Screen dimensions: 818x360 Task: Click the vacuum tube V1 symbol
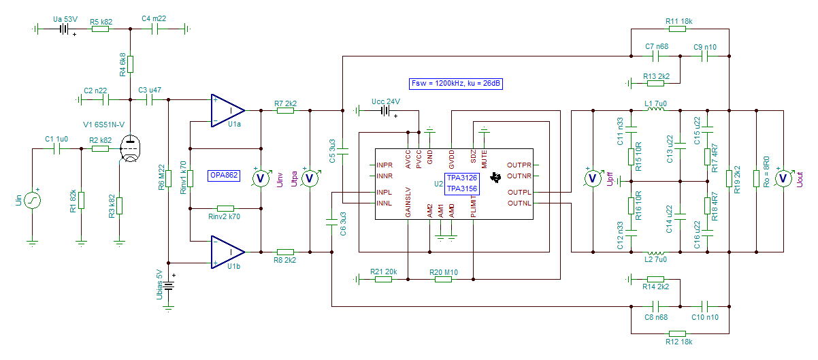point(131,148)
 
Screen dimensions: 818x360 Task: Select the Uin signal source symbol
point(32,201)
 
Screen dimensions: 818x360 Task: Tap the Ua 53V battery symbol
point(65,29)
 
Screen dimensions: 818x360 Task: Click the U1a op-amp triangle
point(227,110)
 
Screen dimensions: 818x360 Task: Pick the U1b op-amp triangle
point(227,252)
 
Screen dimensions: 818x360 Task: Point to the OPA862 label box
point(224,176)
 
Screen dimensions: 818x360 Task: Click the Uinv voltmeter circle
point(261,178)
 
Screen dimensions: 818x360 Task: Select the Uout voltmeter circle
point(783,178)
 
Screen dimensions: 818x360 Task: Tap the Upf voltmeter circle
point(593,178)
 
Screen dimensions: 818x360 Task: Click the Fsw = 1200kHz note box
point(456,84)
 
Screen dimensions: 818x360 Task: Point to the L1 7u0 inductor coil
point(656,109)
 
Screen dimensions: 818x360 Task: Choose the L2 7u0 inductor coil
point(656,253)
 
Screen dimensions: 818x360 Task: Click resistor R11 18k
point(677,29)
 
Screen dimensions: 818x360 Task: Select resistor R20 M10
point(443,279)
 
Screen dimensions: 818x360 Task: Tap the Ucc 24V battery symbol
point(386,111)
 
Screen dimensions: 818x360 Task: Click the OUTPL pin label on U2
point(519,192)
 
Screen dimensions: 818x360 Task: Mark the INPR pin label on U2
point(385,165)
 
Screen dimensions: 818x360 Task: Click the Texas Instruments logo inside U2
point(495,178)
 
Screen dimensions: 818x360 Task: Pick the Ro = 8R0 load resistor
point(756,178)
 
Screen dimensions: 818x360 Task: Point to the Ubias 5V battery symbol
point(168,286)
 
